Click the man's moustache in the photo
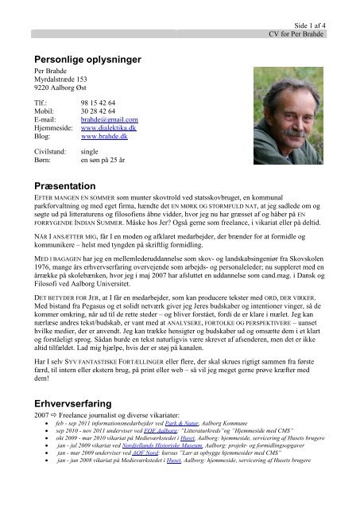point(277,121)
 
